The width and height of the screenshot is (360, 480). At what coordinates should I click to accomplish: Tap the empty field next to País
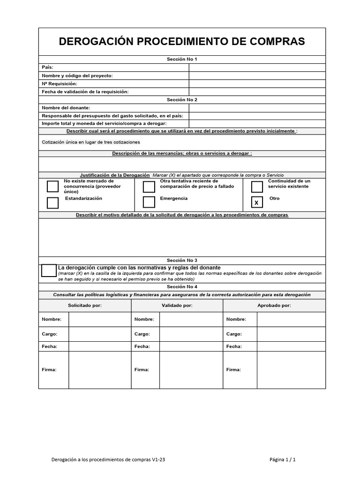(x=257, y=67)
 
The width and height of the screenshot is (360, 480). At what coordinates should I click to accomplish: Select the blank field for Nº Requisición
(x=257, y=83)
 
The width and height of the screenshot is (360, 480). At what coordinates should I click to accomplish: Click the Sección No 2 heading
(x=182, y=100)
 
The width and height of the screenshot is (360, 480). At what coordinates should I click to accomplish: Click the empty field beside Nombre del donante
(x=257, y=108)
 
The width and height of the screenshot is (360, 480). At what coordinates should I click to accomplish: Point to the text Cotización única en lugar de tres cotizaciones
(x=91, y=142)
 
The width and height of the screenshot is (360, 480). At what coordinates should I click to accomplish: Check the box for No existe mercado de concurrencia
(x=53, y=187)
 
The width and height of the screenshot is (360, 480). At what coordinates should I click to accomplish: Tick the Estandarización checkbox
(x=53, y=202)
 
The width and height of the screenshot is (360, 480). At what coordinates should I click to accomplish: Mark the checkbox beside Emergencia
(x=149, y=202)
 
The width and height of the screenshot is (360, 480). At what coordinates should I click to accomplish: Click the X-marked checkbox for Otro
(x=257, y=202)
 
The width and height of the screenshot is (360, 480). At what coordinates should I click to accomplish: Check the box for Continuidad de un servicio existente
(x=257, y=187)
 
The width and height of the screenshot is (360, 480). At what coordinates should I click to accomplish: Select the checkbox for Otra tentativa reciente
(x=149, y=187)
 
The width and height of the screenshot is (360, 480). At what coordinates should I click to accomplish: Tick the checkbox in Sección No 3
(x=49, y=270)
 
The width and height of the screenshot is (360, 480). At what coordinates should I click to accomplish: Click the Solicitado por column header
(x=85, y=305)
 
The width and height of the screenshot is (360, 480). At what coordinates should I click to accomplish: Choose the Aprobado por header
(x=274, y=305)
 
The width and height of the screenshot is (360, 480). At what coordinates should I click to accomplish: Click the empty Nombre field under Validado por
(x=191, y=319)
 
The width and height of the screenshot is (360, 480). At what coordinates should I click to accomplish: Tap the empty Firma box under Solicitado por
(x=99, y=370)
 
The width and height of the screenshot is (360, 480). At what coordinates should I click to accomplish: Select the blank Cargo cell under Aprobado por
(x=291, y=334)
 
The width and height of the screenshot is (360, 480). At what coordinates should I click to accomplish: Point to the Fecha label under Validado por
(x=142, y=346)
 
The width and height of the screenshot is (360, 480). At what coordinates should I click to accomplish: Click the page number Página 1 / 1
(x=283, y=460)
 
